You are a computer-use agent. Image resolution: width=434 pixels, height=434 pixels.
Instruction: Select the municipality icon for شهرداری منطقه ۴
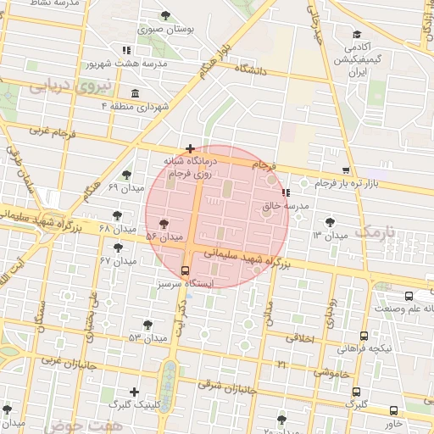pyautogui.click(x=136, y=92)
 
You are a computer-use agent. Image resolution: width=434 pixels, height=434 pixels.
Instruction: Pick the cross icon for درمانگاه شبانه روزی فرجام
pyautogui.click(x=190, y=148)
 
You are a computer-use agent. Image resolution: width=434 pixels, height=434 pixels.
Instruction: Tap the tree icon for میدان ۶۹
pyautogui.click(x=125, y=175)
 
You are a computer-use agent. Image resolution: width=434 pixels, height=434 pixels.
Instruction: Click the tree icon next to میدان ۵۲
pyautogui.click(x=153, y=223)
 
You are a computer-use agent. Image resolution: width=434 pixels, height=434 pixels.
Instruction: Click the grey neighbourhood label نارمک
pyautogui.click(x=376, y=231)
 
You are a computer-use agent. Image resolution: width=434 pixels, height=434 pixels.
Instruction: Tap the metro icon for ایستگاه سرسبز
pyautogui.click(x=186, y=270)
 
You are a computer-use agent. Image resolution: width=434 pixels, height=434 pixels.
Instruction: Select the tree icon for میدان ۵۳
pyautogui.click(x=148, y=325)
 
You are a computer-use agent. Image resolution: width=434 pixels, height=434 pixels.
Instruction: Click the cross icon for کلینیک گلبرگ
pyautogui.click(x=134, y=392)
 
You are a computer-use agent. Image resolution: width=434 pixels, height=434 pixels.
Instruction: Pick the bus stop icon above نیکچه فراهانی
pyautogui.click(x=364, y=336)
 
